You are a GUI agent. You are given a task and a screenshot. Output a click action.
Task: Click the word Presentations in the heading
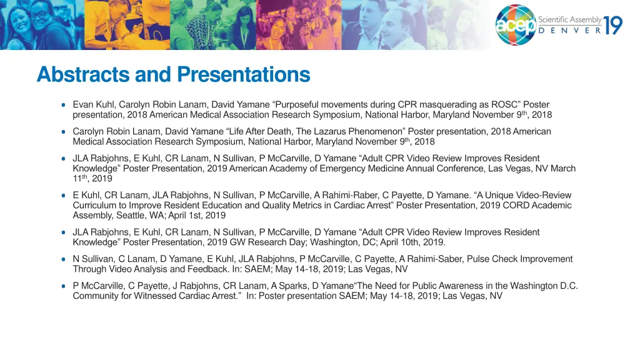point(243,75)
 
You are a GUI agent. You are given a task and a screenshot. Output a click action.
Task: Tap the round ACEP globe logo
point(516,25)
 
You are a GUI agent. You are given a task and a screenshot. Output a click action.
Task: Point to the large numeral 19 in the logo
point(612,25)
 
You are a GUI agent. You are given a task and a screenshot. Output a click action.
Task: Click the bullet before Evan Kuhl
point(64,104)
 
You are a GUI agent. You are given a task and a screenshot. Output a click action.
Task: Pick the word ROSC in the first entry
point(507,104)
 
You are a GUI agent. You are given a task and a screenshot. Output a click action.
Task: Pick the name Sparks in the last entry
point(286,286)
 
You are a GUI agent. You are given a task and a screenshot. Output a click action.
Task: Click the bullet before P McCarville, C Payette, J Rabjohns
point(64,286)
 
